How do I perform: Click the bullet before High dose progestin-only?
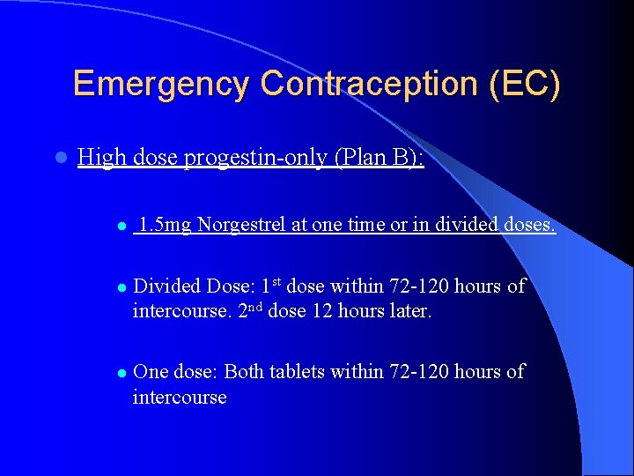click(x=60, y=159)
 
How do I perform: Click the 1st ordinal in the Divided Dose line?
click(x=270, y=285)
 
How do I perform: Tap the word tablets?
click(x=302, y=372)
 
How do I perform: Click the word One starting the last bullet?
click(x=151, y=372)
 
